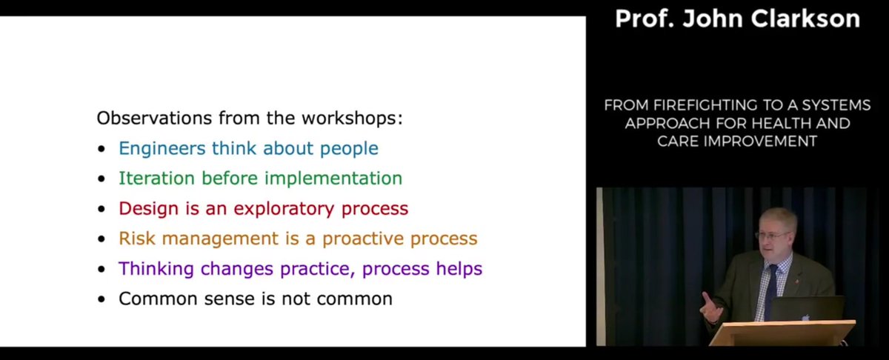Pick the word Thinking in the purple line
click(153, 269)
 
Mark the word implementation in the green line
click(339, 179)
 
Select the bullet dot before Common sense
click(101, 300)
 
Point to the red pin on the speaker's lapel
click(796, 281)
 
